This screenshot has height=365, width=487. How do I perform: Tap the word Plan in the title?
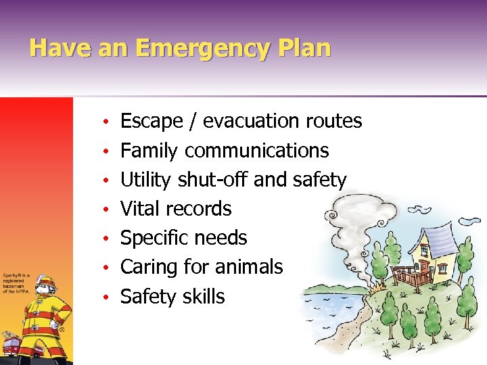304,49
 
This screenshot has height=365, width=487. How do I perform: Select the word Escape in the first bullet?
152,122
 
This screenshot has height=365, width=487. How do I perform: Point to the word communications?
256,151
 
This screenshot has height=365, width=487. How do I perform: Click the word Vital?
139,209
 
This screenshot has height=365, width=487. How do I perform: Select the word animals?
249,267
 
